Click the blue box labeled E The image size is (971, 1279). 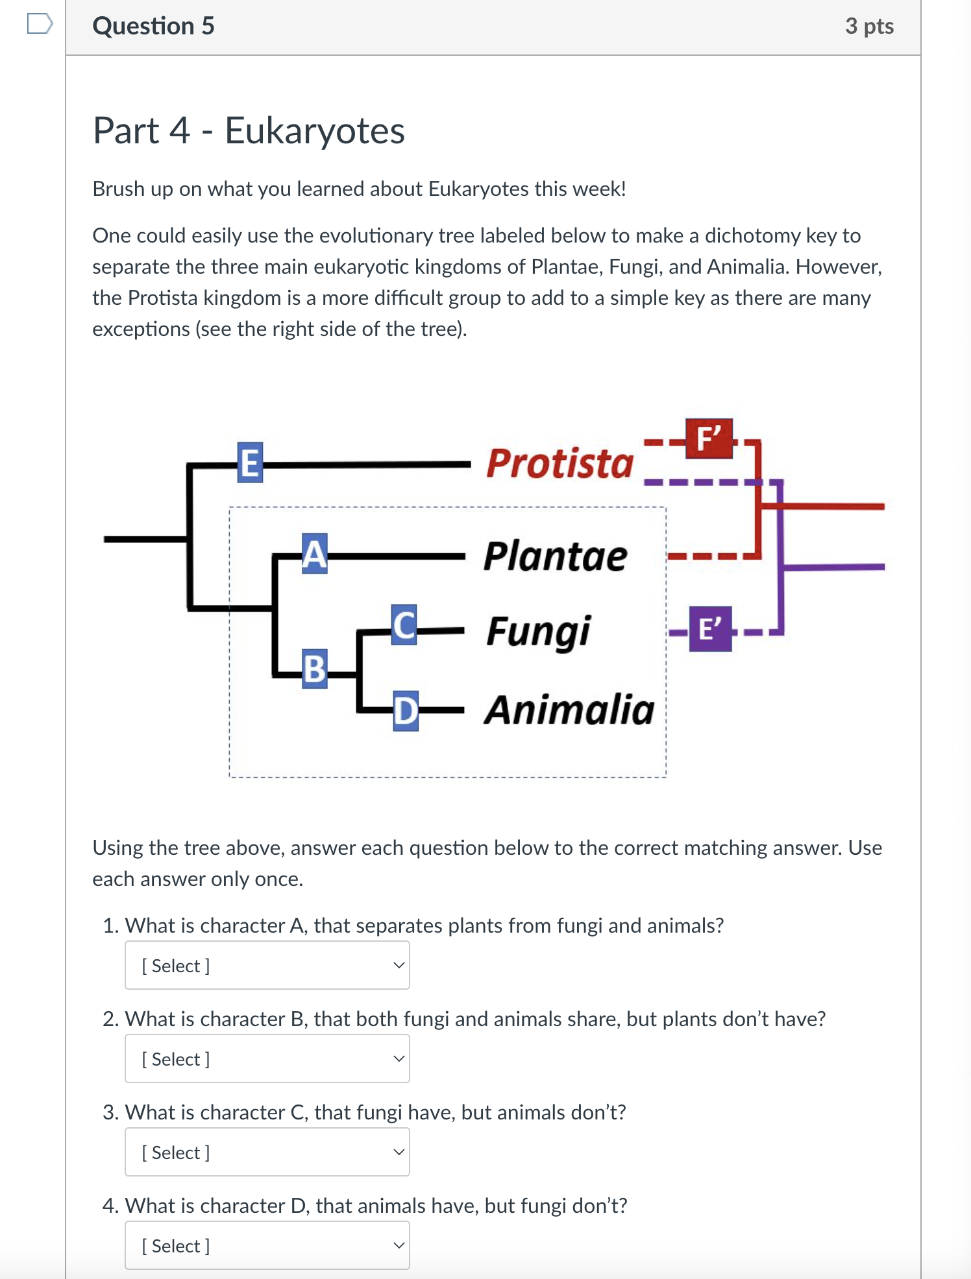[250, 462]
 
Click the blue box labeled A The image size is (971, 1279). [314, 554]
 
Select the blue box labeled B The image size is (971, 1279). [315, 669]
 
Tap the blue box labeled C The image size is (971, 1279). [404, 625]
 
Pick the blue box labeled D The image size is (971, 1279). [406, 711]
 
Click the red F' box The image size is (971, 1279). [709, 439]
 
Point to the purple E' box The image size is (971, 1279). [710, 629]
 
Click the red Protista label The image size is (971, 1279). [559, 464]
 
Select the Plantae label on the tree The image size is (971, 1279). [556, 556]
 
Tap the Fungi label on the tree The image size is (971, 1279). [539, 632]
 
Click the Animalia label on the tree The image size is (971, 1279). [570, 710]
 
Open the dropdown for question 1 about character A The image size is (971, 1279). [267, 965]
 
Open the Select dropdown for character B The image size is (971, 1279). [267, 1058]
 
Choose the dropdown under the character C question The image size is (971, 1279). [267, 1152]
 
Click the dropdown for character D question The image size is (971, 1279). [267, 1245]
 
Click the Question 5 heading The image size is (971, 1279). [153, 26]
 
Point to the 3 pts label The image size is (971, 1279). [869, 26]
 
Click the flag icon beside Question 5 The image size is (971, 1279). [40, 24]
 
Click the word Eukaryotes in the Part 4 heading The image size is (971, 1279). [315, 130]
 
